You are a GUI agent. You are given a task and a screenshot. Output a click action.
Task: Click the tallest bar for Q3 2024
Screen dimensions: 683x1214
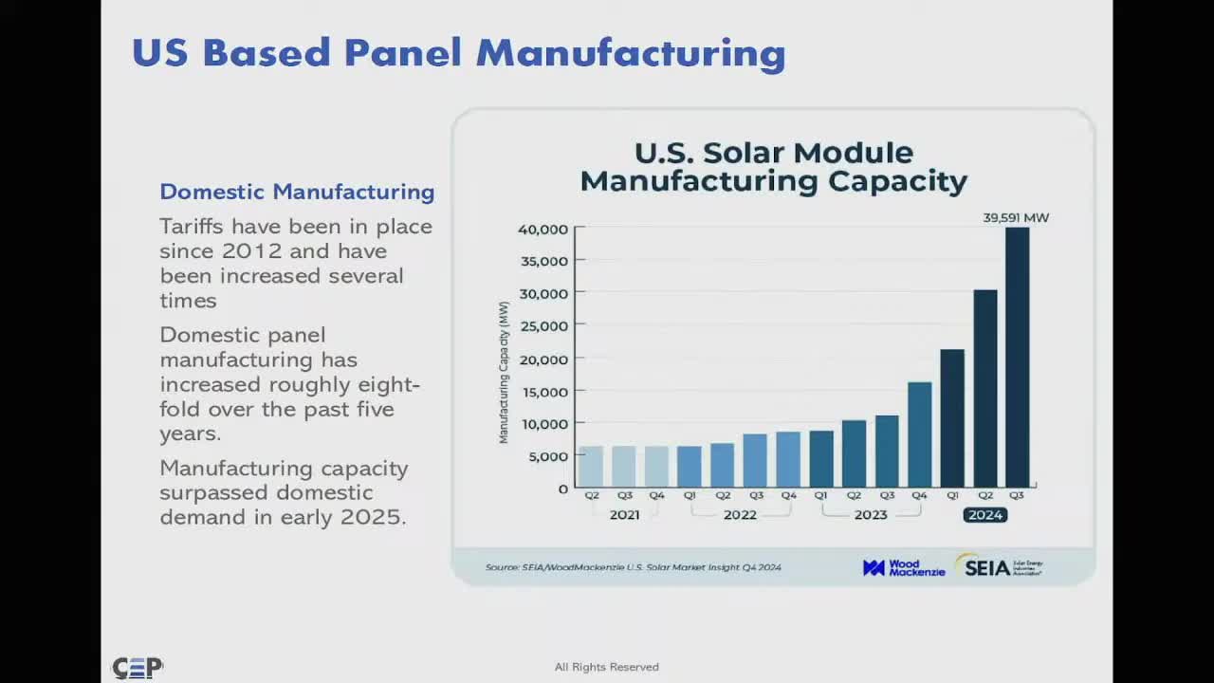click(x=1017, y=358)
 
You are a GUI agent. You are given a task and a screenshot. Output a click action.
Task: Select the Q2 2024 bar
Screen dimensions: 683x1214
click(x=984, y=388)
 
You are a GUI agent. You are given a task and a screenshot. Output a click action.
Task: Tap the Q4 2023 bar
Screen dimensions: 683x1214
click(x=919, y=434)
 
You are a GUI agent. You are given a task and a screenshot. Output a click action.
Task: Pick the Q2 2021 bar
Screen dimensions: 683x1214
click(x=591, y=466)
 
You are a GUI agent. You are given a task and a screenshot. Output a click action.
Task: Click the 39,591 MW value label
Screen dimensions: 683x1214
click(x=1016, y=218)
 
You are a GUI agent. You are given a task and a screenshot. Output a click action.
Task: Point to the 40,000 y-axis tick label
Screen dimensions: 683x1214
click(x=543, y=229)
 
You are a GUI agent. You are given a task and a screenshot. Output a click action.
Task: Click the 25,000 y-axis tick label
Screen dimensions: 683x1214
click(x=543, y=326)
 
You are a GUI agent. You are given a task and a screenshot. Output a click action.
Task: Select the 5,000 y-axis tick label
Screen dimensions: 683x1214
click(x=548, y=456)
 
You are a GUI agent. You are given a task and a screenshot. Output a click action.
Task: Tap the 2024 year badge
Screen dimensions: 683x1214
click(x=984, y=515)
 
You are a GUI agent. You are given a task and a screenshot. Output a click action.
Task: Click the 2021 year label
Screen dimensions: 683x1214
click(x=624, y=515)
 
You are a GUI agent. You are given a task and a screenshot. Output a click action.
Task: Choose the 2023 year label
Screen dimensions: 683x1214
click(x=870, y=515)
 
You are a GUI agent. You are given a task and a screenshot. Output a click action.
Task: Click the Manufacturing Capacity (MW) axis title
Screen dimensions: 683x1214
click(x=504, y=372)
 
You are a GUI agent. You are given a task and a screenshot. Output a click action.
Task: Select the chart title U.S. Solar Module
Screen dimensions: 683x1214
click(x=773, y=153)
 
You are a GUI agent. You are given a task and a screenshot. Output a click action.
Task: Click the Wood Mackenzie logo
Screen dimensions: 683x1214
click(x=903, y=567)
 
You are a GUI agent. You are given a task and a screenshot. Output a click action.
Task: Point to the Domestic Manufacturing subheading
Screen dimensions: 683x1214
click(x=297, y=192)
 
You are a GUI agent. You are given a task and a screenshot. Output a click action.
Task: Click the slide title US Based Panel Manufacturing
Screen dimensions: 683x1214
click(x=458, y=53)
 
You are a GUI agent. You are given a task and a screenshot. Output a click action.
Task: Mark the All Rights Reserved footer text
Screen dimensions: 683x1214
click(x=606, y=667)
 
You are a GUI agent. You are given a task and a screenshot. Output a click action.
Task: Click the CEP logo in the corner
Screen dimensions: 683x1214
click(x=138, y=668)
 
